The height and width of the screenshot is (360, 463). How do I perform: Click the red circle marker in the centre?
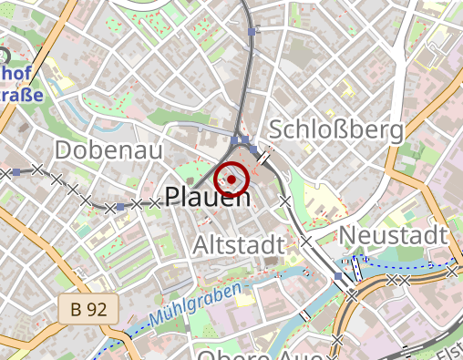(x=232, y=180)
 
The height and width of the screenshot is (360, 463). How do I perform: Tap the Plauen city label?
(x=207, y=196)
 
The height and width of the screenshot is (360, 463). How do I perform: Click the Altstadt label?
(x=240, y=244)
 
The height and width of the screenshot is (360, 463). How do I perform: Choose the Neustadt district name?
(x=394, y=236)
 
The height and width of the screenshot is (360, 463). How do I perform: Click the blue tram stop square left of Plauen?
(x=120, y=208)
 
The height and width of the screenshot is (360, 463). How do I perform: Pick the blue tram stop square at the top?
(x=252, y=32)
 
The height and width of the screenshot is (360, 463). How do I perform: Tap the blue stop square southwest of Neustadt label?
(x=339, y=276)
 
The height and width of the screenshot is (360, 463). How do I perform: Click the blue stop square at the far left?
(x=16, y=171)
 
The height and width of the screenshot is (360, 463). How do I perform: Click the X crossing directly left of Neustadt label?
(x=307, y=242)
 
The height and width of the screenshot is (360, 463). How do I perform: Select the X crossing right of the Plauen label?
(x=284, y=200)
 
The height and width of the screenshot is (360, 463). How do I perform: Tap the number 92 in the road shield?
(x=97, y=310)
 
